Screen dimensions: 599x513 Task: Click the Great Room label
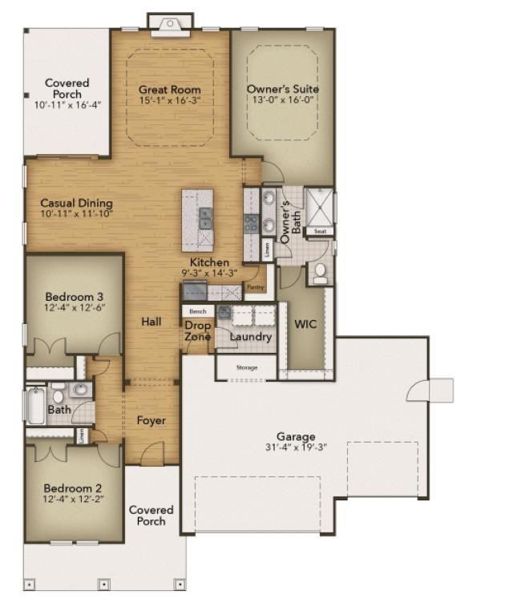[x=169, y=90]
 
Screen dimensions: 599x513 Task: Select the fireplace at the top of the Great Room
[x=170, y=24]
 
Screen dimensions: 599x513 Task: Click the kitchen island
[x=197, y=219]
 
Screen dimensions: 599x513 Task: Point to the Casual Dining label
[x=76, y=204]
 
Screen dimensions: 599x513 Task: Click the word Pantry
[x=255, y=287]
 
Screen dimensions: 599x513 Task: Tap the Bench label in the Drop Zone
[x=197, y=311]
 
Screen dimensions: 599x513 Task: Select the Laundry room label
[x=251, y=337]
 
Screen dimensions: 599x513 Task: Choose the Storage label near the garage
[x=247, y=368]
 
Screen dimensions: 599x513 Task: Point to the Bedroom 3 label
[x=73, y=296]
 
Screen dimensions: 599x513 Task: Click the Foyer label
[x=151, y=420]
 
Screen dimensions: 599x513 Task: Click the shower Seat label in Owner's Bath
[x=320, y=231]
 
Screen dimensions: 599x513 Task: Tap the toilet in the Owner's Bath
[x=319, y=273]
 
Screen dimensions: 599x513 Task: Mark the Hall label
[x=151, y=322]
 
